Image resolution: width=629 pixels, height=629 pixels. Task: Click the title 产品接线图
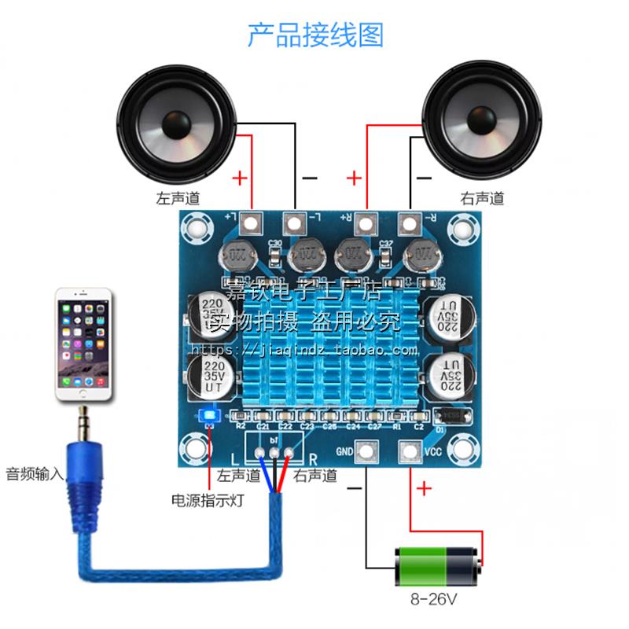314,35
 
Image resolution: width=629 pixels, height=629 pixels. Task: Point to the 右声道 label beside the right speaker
481,198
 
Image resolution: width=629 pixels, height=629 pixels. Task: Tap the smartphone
83,346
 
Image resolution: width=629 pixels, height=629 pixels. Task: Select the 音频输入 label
33,474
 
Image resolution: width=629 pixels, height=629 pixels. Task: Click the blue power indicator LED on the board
210,416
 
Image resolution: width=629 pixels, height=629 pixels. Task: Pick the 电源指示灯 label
208,500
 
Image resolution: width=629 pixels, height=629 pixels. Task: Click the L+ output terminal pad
251,223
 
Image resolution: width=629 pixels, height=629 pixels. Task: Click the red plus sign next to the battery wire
425,490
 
